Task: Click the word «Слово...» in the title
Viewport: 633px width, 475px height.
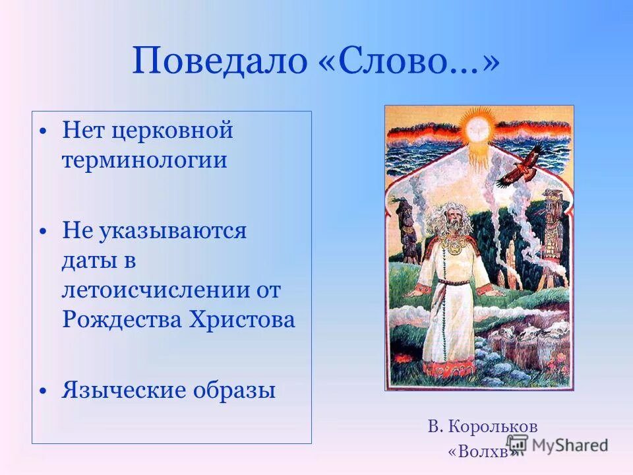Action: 405,61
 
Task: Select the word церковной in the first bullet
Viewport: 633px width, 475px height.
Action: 172,130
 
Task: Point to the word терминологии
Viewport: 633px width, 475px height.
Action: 144,160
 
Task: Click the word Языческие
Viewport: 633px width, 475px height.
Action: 123,390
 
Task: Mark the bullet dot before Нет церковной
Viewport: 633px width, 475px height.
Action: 43,131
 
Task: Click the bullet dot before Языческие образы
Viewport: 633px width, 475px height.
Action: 43,391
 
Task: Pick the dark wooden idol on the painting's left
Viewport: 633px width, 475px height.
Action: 407,231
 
